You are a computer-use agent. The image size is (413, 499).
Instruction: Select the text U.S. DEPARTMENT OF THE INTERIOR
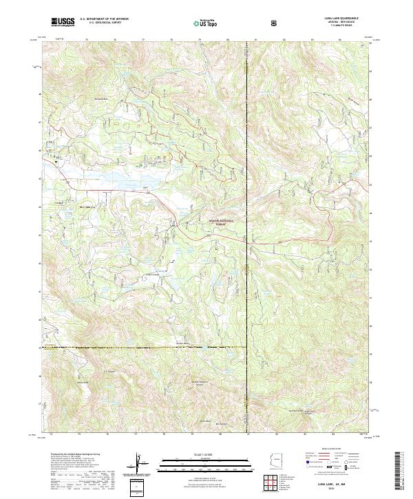pyautogui.click(x=104, y=19)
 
